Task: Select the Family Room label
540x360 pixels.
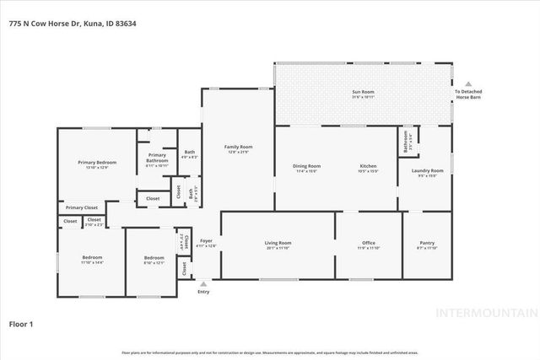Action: pyautogui.click(x=238, y=147)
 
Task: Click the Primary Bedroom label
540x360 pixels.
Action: pyautogui.click(x=97, y=162)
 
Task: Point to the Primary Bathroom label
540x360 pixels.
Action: pyautogui.click(x=157, y=155)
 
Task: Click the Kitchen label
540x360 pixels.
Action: pyautogui.click(x=368, y=166)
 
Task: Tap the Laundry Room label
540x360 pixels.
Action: pyautogui.click(x=430, y=170)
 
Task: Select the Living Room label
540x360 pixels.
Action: pyautogui.click(x=278, y=243)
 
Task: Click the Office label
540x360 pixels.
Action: pyautogui.click(x=369, y=243)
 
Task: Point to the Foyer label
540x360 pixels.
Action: pyautogui.click(x=206, y=240)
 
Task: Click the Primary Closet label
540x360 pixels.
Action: pyautogui.click(x=82, y=207)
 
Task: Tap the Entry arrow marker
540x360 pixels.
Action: pyautogui.click(x=202, y=283)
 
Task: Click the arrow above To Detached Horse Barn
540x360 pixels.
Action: pyautogui.click(x=467, y=83)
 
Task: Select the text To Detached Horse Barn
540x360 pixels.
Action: pyautogui.click(x=467, y=94)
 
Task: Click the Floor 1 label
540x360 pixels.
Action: pyautogui.click(x=21, y=323)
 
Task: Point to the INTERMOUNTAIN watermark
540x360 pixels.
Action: pyautogui.click(x=484, y=313)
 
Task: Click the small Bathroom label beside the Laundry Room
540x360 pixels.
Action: pyautogui.click(x=407, y=139)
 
